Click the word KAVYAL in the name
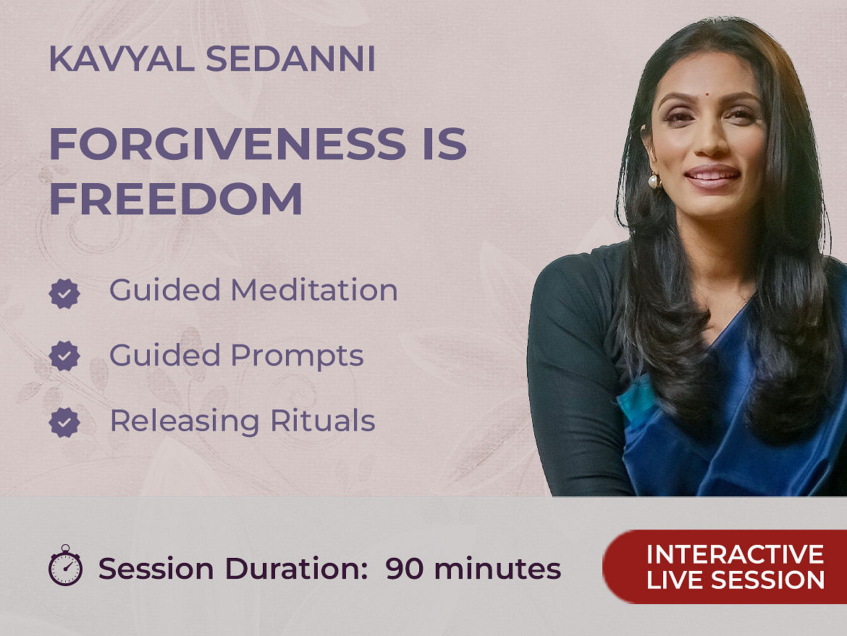[x=122, y=59]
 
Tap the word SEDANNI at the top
[x=290, y=59]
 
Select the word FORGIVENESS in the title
[x=227, y=143]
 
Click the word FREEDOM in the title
[x=176, y=199]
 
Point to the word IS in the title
[x=445, y=143]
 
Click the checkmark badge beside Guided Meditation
[x=64, y=294]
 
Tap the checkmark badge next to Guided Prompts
[x=64, y=356]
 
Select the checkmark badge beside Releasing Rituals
[x=64, y=423]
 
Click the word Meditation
[x=314, y=290]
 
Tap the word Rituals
[x=322, y=420]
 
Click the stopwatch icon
[x=65, y=565]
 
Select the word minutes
[x=497, y=569]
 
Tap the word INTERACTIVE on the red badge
[x=736, y=554]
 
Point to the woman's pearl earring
[x=654, y=180]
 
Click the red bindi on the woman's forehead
[x=706, y=94]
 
